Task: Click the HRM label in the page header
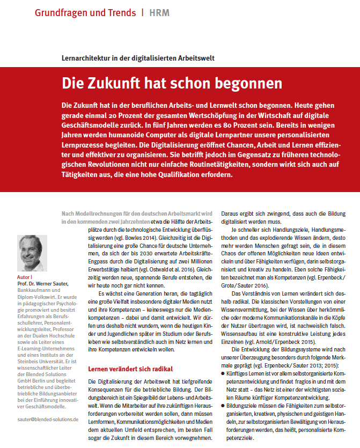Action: tap(159, 12)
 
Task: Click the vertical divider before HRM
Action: tap(142, 12)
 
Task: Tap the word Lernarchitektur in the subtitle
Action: tap(87, 57)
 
